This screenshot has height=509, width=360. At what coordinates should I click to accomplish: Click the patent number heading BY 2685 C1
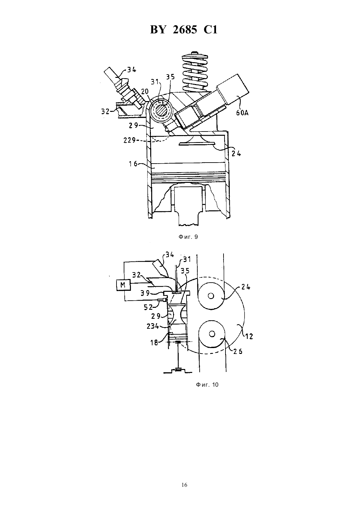(184, 30)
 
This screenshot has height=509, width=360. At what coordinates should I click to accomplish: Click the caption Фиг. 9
(188, 237)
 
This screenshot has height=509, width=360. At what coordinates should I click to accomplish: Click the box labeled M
(123, 285)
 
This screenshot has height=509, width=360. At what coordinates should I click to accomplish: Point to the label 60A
(242, 113)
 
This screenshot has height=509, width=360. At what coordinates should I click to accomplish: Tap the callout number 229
(130, 140)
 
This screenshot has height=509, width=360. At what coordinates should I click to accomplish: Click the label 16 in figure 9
(133, 164)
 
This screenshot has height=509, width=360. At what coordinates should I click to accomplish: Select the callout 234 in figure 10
(153, 326)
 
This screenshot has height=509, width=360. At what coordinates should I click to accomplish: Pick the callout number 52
(148, 307)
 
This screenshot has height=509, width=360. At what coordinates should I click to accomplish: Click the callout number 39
(145, 293)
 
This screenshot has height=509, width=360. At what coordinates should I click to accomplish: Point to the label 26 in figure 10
(238, 351)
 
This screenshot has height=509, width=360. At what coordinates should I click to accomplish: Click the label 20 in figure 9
(145, 92)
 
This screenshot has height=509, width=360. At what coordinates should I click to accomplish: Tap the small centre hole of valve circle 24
(211, 296)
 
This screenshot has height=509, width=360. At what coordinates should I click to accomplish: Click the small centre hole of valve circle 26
(212, 334)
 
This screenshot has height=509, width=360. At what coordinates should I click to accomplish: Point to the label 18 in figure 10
(154, 342)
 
